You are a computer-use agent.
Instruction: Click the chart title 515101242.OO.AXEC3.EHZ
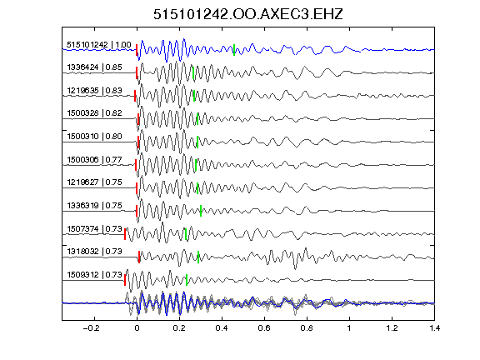click(x=248, y=14)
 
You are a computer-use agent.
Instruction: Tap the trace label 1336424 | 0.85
click(x=94, y=67)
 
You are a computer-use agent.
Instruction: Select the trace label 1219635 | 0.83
click(x=94, y=91)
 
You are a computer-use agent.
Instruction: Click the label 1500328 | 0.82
click(x=94, y=113)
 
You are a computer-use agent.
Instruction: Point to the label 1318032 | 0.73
click(x=94, y=252)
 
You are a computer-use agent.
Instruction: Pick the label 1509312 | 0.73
click(x=94, y=275)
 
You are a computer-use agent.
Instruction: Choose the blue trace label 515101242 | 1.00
click(x=99, y=45)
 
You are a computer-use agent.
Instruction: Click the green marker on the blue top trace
click(x=234, y=50)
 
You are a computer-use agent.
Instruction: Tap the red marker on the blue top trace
click(x=137, y=50)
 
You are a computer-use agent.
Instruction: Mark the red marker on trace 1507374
click(x=125, y=234)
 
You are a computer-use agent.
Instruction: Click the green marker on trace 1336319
click(x=201, y=211)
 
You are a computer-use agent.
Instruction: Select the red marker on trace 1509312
click(x=125, y=280)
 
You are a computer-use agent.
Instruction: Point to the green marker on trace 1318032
click(x=198, y=257)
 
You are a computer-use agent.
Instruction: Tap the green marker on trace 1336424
click(x=193, y=72)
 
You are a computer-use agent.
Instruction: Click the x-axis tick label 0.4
click(x=222, y=328)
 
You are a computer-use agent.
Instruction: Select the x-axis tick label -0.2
click(x=92, y=328)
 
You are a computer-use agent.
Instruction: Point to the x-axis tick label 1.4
click(x=435, y=328)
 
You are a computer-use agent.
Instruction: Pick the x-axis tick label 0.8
click(x=307, y=328)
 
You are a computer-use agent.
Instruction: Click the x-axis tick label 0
click(x=137, y=328)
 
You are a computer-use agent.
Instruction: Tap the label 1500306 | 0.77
click(x=94, y=159)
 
